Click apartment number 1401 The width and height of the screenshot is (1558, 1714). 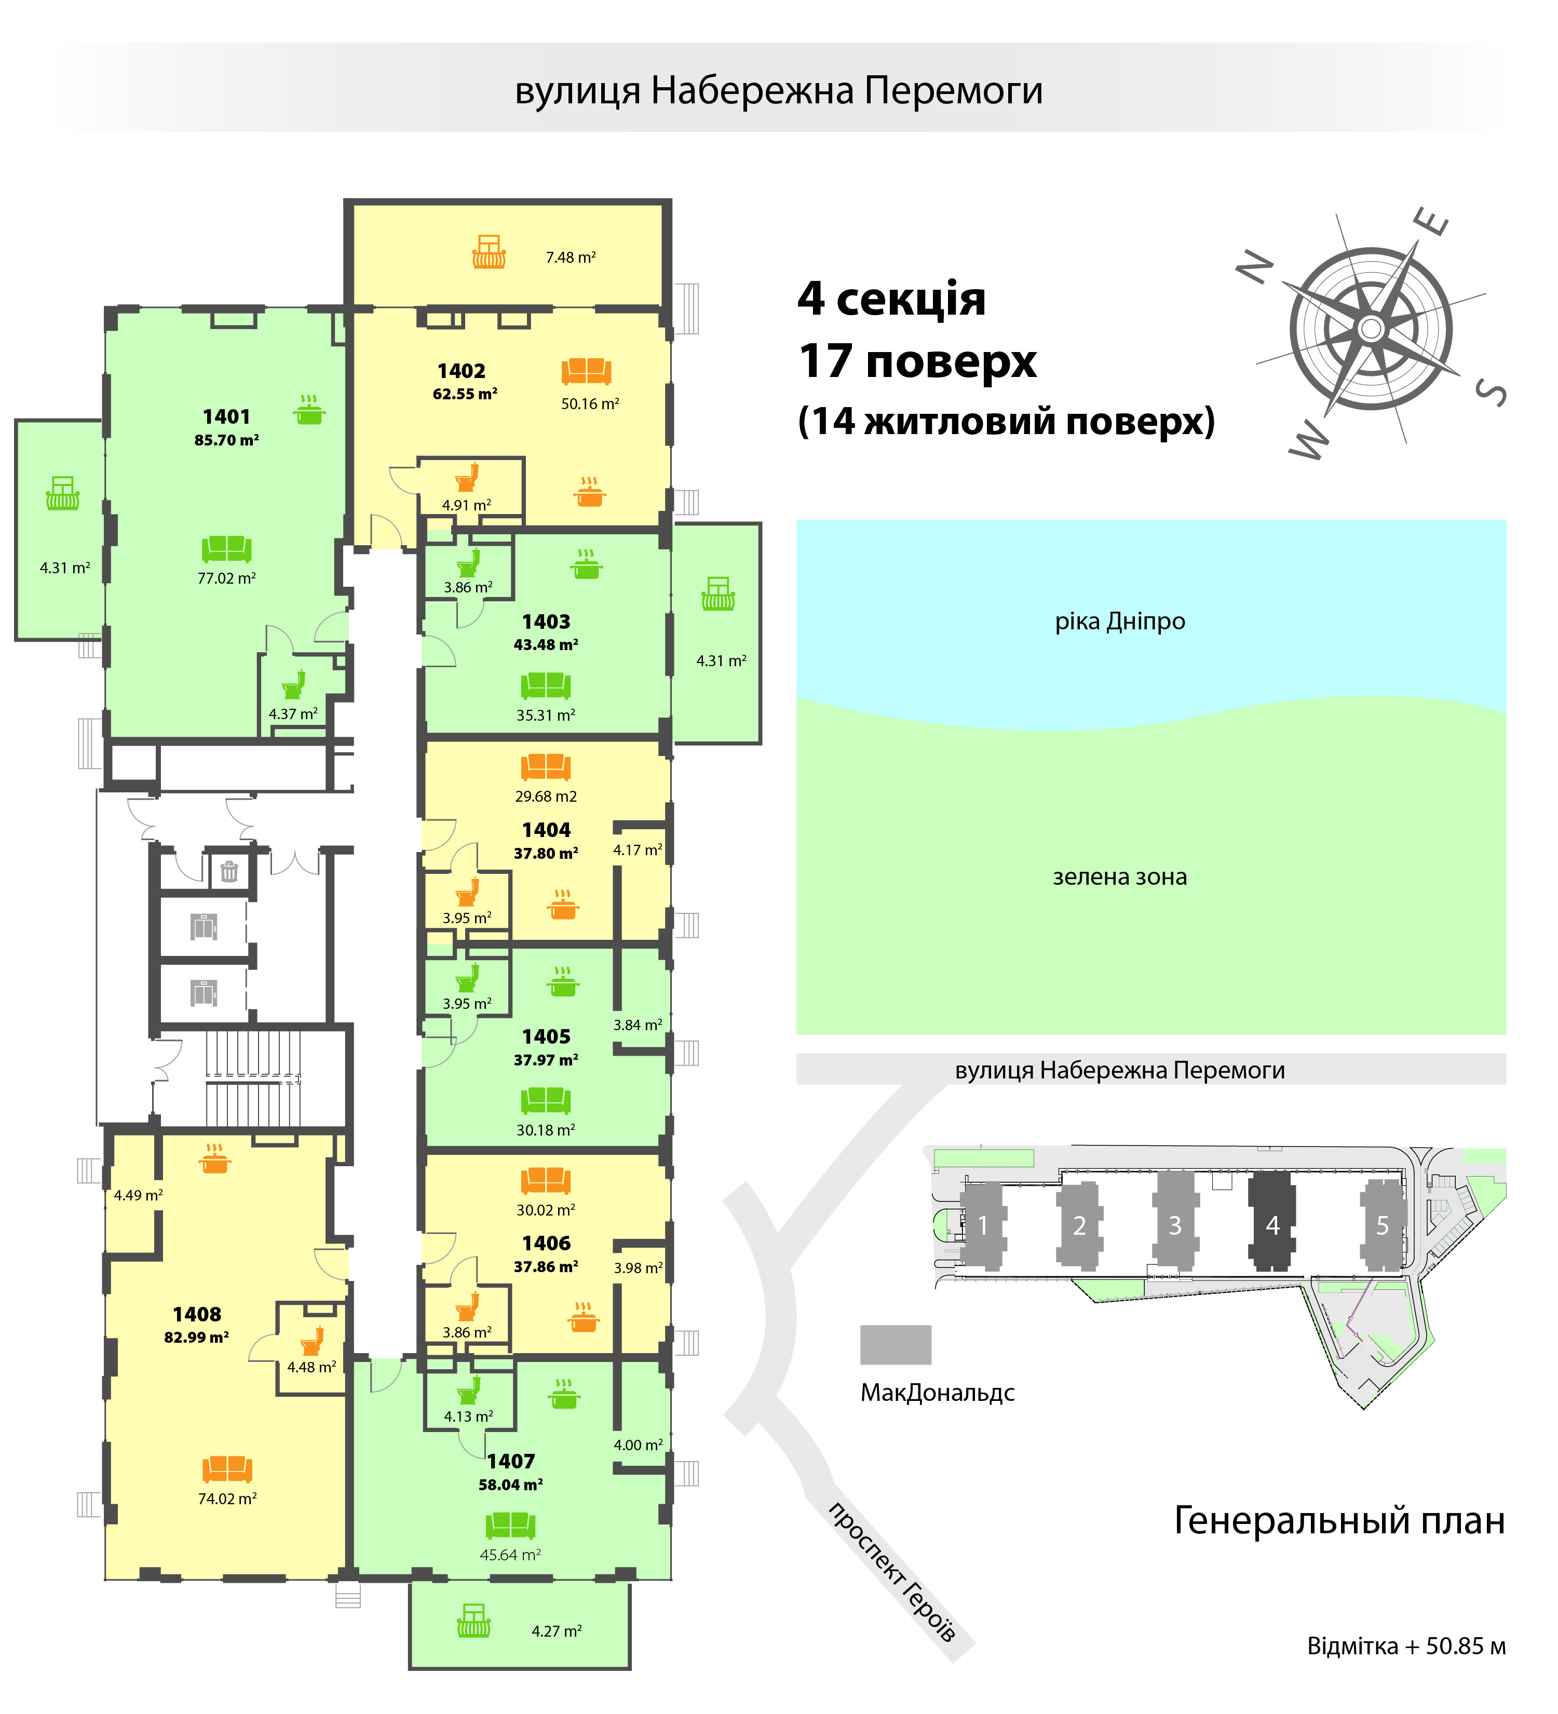tap(226, 416)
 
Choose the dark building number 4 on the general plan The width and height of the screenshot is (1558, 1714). tap(1272, 1225)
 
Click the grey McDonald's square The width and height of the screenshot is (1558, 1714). tap(895, 1344)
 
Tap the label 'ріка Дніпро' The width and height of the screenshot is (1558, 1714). tap(1119, 622)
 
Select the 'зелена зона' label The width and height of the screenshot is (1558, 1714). tap(1119, 876)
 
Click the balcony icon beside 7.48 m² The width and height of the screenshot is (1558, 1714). tap(489, 252)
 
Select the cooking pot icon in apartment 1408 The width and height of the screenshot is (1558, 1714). tap(215, 1158)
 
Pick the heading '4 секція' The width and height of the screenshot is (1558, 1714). tap(891, 299)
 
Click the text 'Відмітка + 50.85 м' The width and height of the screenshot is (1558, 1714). tap(1406, 1646)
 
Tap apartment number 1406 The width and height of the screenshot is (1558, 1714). tap(546, 1243)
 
